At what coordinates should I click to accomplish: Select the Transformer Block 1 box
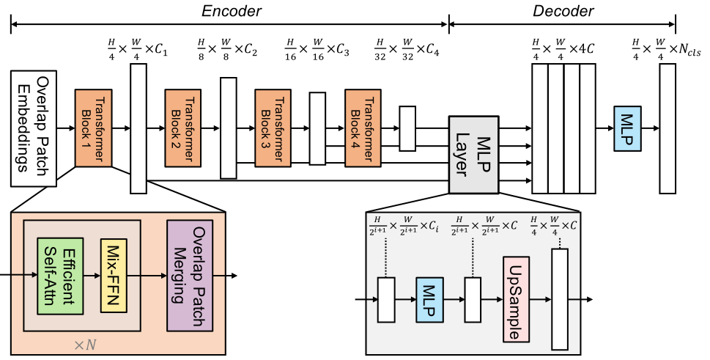click(x=92, y=128)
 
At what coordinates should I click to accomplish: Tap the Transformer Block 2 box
click(x=182, y=128)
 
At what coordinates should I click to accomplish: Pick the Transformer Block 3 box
click(x=273, y=128)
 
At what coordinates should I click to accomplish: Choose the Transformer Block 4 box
click(x=363, y=128)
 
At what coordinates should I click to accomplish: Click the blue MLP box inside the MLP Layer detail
click(x=431, y=299)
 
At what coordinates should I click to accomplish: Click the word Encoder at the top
click(x=232, y=10)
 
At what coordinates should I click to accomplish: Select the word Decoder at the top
click(x=563, y=10)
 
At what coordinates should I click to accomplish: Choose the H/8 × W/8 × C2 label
click(x=228, y=51)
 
